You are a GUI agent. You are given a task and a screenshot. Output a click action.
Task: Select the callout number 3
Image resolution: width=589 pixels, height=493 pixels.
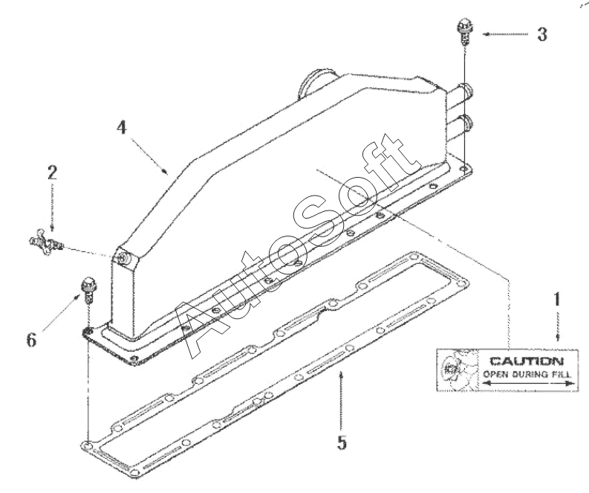pos(542,34)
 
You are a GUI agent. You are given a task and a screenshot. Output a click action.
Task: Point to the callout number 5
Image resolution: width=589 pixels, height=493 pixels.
pos(341,443)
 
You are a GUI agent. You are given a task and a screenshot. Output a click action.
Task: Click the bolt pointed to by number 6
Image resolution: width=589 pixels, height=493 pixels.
pos(87,288)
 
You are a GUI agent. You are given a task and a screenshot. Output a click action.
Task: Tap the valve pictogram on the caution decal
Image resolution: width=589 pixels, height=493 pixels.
pos(454,368)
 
